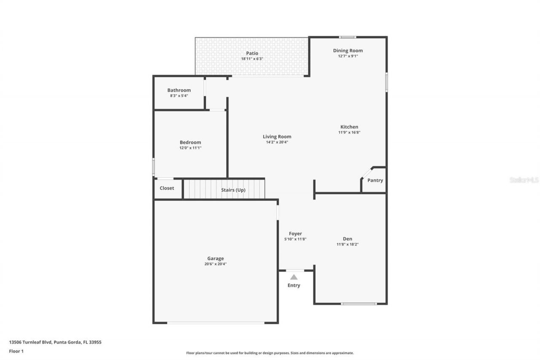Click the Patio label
pyautogui.click(x=252, y=53)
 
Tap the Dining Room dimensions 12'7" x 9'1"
pyautogui.click(x=348, y=56)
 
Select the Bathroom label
pyautogui.click(x=179, y=90)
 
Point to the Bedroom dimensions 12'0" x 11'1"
pyautogui.click(x=190, y=148)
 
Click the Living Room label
pyautogui.click(x=277, y=136)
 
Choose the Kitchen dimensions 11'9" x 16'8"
pyautogui.click(x=349, y=133)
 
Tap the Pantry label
pyautogui.click(x=375, y=180)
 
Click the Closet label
pyautogui.click(x=167, y=188)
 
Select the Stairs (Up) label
pyautogui.click(x=233, y=190)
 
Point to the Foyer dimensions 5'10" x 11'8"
pyautogui.click(x=295, y=239)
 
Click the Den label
pyautogui.click(x=347, y=239)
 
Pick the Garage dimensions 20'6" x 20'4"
pyautogui.click(x=215, y=264)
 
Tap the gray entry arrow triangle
pyautogui.click(x=294, y=277)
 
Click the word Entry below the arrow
pyautogui.click(x=294, y=285)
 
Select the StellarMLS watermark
pyautogui.click(x=524, y=180)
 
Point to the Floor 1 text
pyautogui.click(x=16, y=351)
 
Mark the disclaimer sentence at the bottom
pyautogui.click(x=270, y=353)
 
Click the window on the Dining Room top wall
pyautogui.click(x=347, y=37)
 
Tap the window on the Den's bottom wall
pyautogui.click(x=359, y=303)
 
